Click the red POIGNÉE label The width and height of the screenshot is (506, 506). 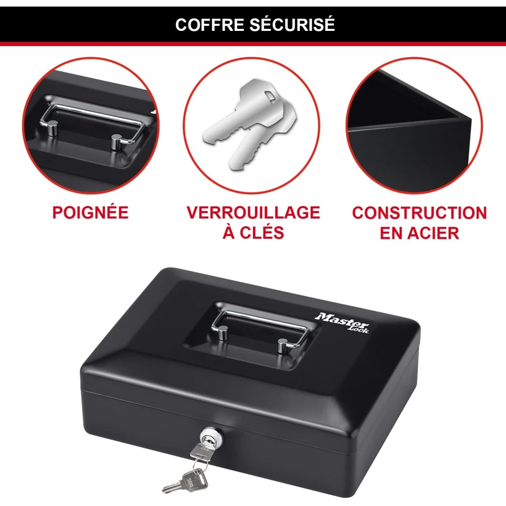[91, 212]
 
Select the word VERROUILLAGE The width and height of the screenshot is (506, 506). [254, 213]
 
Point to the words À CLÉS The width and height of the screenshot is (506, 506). [254, 232]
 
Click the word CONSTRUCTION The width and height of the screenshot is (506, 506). [419, 213]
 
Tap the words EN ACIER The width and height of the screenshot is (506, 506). [419, 233]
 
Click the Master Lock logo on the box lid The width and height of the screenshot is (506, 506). [343, 322]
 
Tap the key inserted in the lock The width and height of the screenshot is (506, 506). [200, 451]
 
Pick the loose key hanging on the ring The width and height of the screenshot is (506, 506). [185, 482]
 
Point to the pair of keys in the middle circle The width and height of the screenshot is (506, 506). [249, 124]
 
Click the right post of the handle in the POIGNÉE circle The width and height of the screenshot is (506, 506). [116, 142]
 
